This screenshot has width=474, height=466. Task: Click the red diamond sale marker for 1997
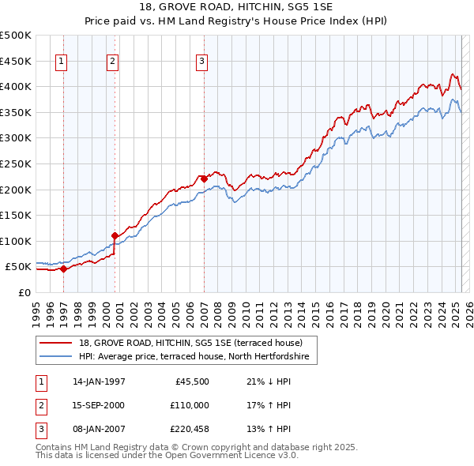pos(64,269)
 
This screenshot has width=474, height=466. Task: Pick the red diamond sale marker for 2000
pos(115,235)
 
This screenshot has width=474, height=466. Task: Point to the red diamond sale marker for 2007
pos(204,179)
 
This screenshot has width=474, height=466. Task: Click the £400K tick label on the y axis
pos(16,87)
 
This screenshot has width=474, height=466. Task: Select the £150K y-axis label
pos(16,215)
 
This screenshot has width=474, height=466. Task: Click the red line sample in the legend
pos(57,343)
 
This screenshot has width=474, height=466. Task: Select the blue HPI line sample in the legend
pos(57,357)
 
